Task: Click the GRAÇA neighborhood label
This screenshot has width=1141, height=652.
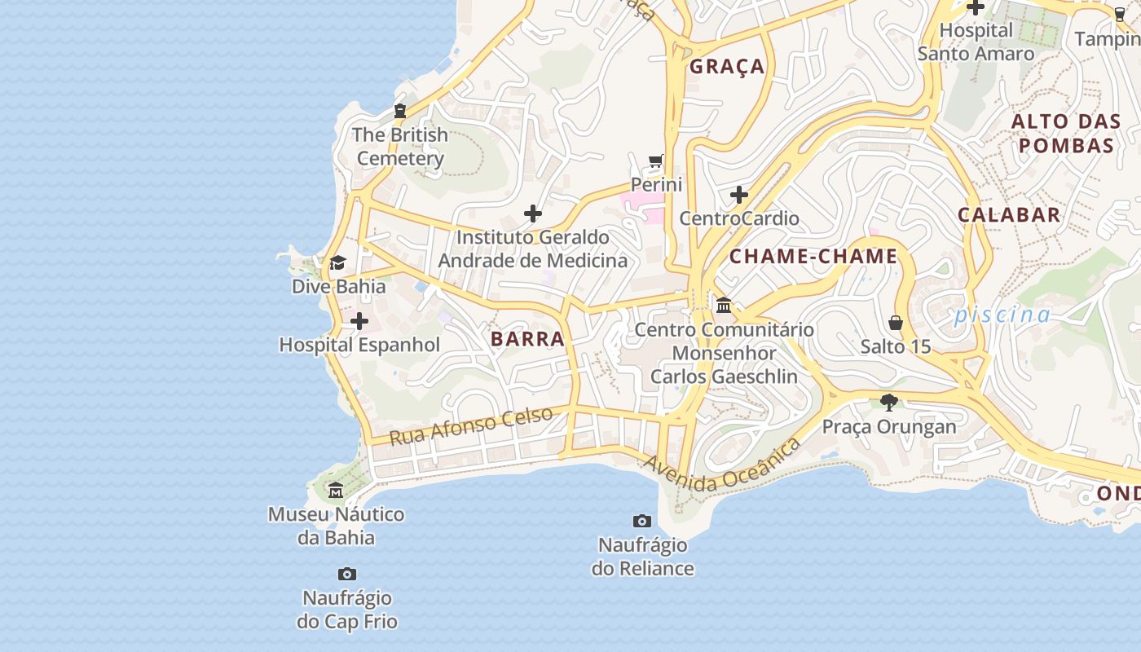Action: click(727, 67)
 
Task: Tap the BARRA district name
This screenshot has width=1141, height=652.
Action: click(527, 339)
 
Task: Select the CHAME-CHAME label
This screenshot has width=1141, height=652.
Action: click(813, 257)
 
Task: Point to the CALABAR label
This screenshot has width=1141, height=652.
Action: click(1009, 215)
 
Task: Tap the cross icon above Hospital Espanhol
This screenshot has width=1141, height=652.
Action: click(359, 322)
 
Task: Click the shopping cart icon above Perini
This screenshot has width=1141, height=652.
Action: click(656, 161)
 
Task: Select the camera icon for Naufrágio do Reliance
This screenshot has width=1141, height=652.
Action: click(642, 521)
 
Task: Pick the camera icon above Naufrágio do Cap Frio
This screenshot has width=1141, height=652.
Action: click(347, 575)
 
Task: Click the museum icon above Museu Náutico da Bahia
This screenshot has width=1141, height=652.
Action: click(336, 491)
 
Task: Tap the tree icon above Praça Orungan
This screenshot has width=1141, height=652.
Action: click(888, 402)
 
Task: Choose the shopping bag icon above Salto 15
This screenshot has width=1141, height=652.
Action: click(896, 323)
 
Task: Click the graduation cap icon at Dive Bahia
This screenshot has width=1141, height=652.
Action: click(337, 263)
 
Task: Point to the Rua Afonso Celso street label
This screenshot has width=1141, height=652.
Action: click(470, 425)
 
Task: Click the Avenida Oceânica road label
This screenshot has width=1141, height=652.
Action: click(720, 466)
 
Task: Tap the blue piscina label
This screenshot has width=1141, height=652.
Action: click(1002, 315)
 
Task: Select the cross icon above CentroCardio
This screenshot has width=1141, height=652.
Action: click(739, 195)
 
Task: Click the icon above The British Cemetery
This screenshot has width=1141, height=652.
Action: click(400, 111)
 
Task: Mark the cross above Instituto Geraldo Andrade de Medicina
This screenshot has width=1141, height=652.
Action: click(533, 214)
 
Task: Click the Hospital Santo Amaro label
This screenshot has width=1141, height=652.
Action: click(976, 42)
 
